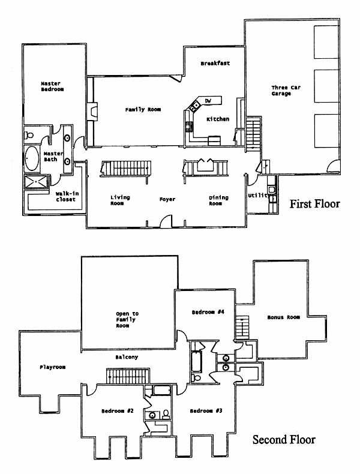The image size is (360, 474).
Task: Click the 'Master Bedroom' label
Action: coord(52,86)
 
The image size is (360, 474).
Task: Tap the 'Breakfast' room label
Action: coord(215,63)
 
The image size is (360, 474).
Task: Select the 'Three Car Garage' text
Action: coord(286,91)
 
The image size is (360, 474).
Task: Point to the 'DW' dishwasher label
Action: coord(208,101)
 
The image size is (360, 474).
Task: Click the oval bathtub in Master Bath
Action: coord(32,158)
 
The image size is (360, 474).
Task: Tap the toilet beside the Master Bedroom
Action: coord(29,135)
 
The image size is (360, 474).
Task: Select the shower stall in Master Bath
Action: coord(36,182)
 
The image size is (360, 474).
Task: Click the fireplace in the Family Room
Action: coord(92,112)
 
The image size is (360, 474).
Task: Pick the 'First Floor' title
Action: coord(314,204)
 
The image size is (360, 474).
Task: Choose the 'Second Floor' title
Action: coord(284,439)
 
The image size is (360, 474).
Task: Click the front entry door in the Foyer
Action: coord(166,221)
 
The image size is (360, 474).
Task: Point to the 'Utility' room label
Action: coord(259,195)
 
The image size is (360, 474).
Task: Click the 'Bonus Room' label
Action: coord(284,317)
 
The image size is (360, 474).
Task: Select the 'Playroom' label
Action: coord(53,367)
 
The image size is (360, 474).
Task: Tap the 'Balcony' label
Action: coord(127,357)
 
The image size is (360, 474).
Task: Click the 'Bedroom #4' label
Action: coord(208,311)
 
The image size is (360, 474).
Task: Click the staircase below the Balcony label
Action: coord(128,376)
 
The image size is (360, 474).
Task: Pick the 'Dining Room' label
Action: coord(218,200)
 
